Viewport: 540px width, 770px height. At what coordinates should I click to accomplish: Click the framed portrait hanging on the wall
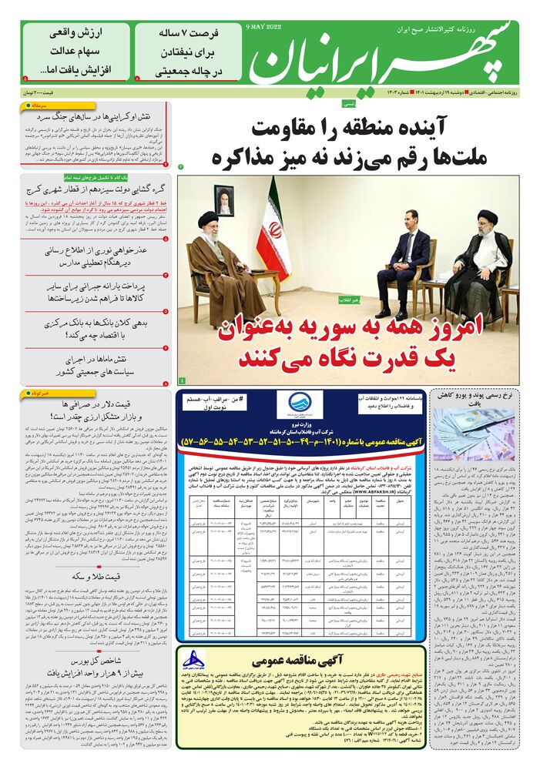coord(223,199)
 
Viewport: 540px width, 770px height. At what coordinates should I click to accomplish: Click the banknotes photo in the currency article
coord(473,434)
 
